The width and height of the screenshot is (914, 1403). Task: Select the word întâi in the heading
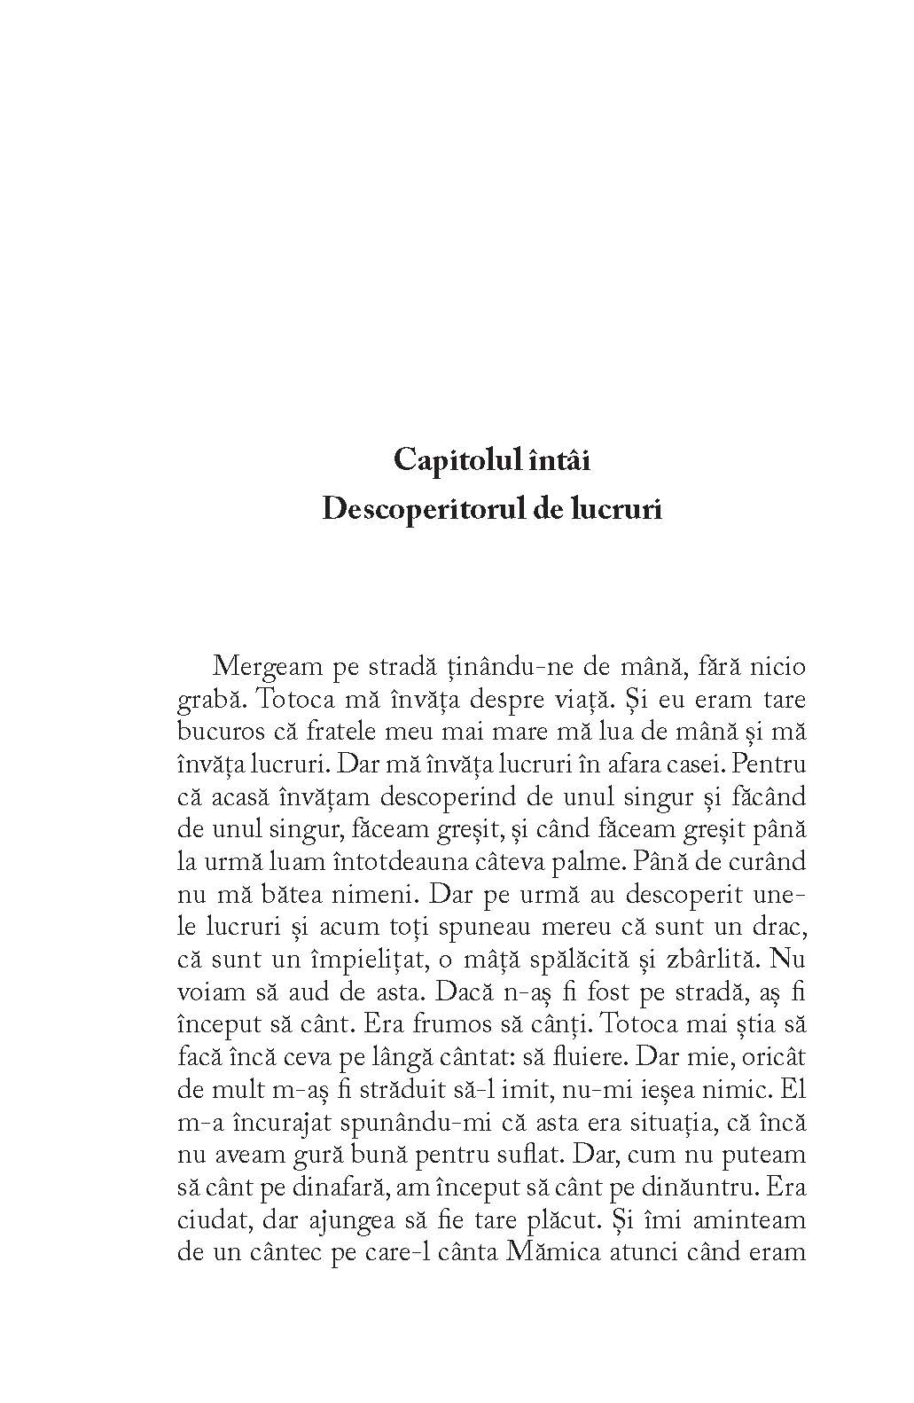pos(551,461)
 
